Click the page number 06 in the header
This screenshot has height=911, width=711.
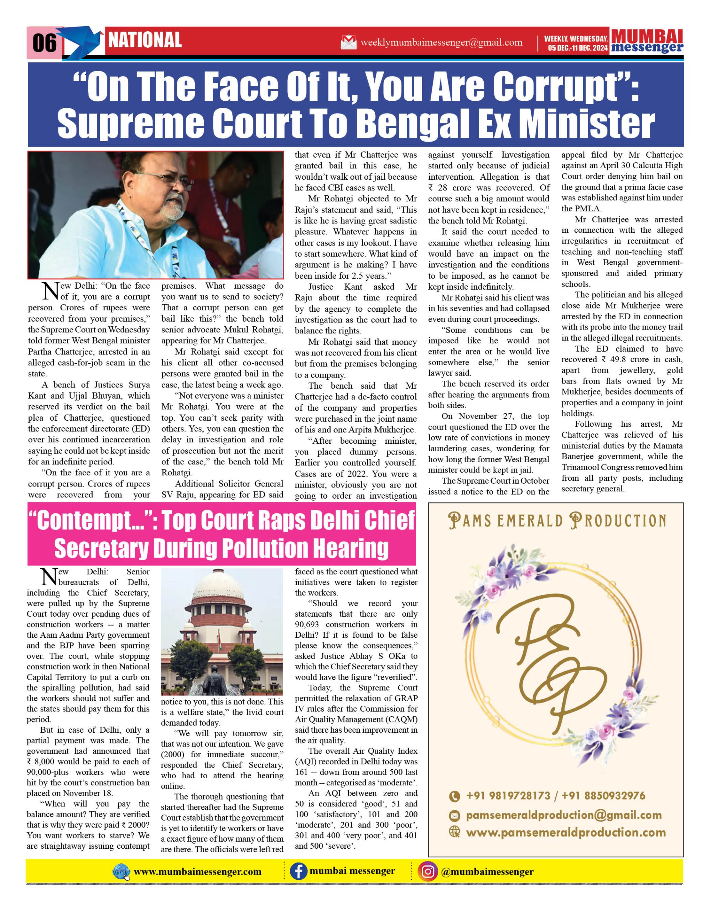[44, 43]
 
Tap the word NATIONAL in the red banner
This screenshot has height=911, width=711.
[145, 41]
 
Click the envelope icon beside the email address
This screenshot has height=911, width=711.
[349, 43]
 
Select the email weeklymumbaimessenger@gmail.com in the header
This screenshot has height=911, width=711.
[441, 43]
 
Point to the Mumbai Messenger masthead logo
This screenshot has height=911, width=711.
[647, 41]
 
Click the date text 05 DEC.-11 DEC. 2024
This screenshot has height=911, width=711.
[578, 48]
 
